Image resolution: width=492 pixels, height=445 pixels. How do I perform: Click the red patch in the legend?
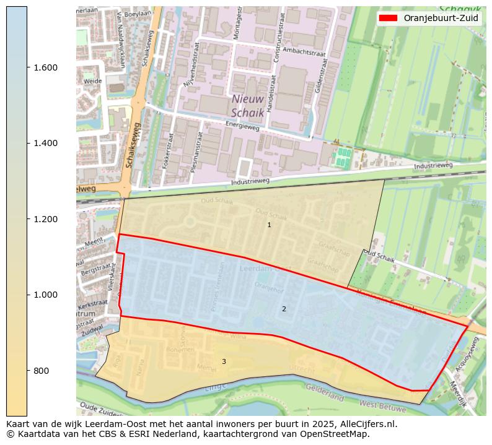click(389, 18)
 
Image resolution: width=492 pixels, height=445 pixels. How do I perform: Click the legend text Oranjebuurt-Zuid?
click(441, 18)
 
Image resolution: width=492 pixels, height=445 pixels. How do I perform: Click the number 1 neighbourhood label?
click(269, 225)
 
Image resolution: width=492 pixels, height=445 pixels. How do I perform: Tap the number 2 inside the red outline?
click(284, 309)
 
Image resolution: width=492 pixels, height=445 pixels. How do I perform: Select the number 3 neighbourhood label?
click(224, 361)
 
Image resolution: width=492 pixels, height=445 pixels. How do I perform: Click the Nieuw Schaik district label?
click(248, 106)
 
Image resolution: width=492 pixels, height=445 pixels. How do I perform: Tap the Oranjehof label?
click(268, 287)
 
